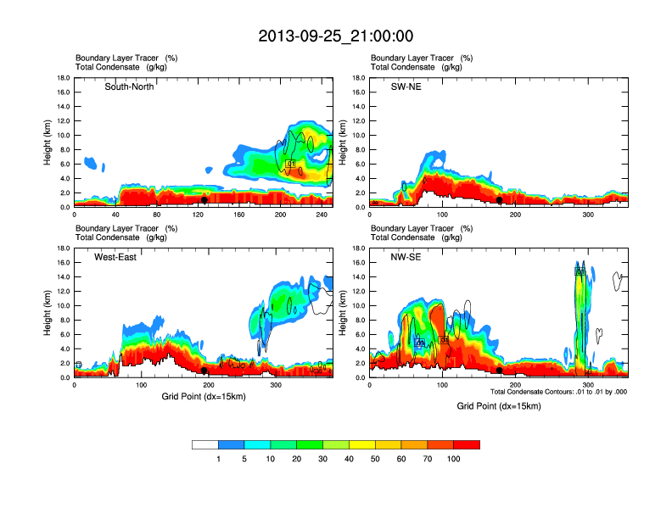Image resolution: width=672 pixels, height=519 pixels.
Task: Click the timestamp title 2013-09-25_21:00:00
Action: [x=336, y=36]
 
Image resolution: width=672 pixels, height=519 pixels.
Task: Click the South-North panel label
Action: [x=129, y=86]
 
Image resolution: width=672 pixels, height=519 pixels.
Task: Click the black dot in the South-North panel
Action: [x=204, y=200]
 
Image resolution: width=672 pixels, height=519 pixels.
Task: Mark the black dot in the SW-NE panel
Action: [x=500, y=200]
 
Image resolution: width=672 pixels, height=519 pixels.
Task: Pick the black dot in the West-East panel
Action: [x=204, y=371]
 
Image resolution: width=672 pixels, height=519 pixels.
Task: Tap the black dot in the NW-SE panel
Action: [x=500, y=371]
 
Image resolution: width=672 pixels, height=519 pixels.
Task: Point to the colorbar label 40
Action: [x=349, y=458]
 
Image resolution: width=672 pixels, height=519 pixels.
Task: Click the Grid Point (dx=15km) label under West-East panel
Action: [x=203, y=395]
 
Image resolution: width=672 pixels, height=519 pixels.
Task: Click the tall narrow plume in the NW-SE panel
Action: [x=580, y=322]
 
